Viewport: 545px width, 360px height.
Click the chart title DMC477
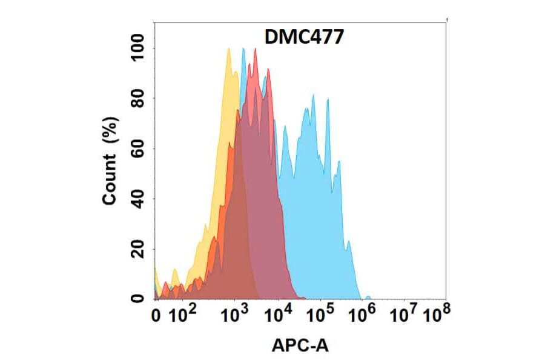305,38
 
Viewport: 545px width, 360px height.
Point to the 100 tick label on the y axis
140,48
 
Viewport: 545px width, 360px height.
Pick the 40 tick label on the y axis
140,199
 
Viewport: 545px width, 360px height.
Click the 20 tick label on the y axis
140,248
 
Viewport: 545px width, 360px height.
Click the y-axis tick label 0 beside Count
140,298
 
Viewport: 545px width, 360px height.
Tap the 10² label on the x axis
183,315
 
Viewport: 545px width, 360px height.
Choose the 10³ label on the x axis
235,315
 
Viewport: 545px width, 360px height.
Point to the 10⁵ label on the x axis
320,315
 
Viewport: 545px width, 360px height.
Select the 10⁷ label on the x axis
405,315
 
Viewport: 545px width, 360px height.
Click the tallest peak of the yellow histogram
228,49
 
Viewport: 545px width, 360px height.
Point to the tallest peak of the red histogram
256,49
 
